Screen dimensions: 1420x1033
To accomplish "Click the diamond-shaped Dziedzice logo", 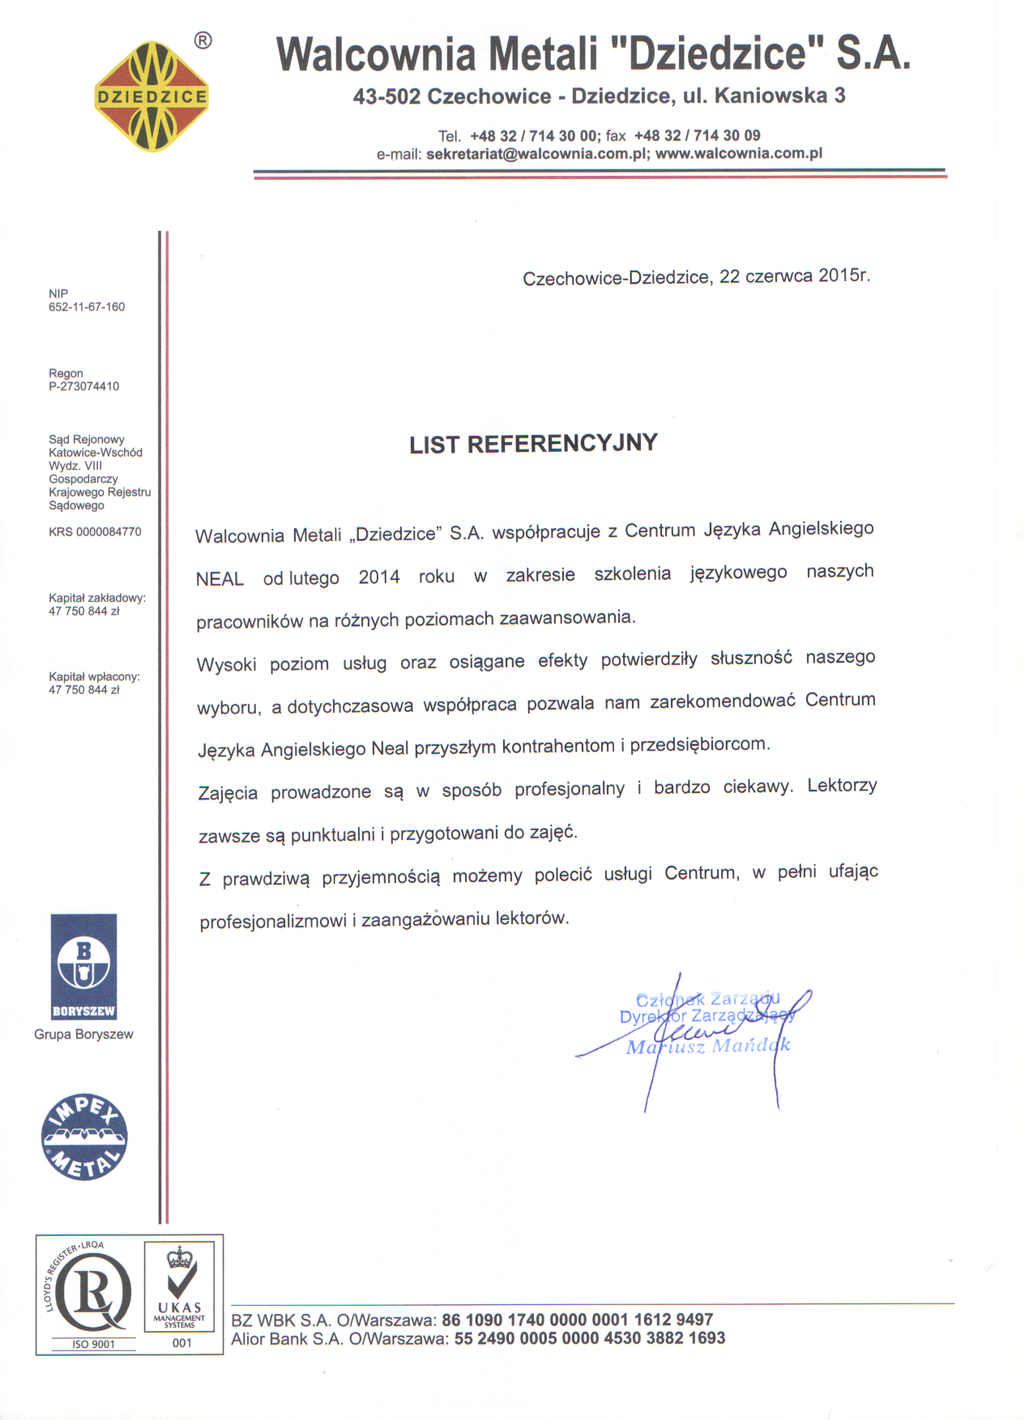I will point(152,97).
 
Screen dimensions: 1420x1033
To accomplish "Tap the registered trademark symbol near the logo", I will point(203,41).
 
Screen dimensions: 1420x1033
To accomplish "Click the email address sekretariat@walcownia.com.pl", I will point(537,154).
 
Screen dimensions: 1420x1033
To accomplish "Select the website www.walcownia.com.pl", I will point(738,153).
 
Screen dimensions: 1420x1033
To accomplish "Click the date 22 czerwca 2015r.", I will point(794,275).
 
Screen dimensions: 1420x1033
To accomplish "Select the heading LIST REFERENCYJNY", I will point(533,444).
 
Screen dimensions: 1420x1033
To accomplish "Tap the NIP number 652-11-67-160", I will point(87,307).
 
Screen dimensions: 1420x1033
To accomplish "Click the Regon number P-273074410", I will point(83,386).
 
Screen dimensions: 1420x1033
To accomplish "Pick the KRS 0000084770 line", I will point(95,532).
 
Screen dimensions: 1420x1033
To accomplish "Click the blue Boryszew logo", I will point(83,966).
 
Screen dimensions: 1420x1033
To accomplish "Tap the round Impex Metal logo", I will point(84,1136).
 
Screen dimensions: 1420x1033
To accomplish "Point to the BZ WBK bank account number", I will point(577,1320).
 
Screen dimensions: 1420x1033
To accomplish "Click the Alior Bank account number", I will point(589,1339).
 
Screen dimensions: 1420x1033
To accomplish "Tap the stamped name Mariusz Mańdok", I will point(707,1047).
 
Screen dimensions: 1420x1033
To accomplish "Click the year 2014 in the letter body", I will point(379,578).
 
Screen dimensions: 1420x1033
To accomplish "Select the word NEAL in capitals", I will point(220,579).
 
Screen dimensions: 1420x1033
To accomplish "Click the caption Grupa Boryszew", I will point(83,1034).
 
